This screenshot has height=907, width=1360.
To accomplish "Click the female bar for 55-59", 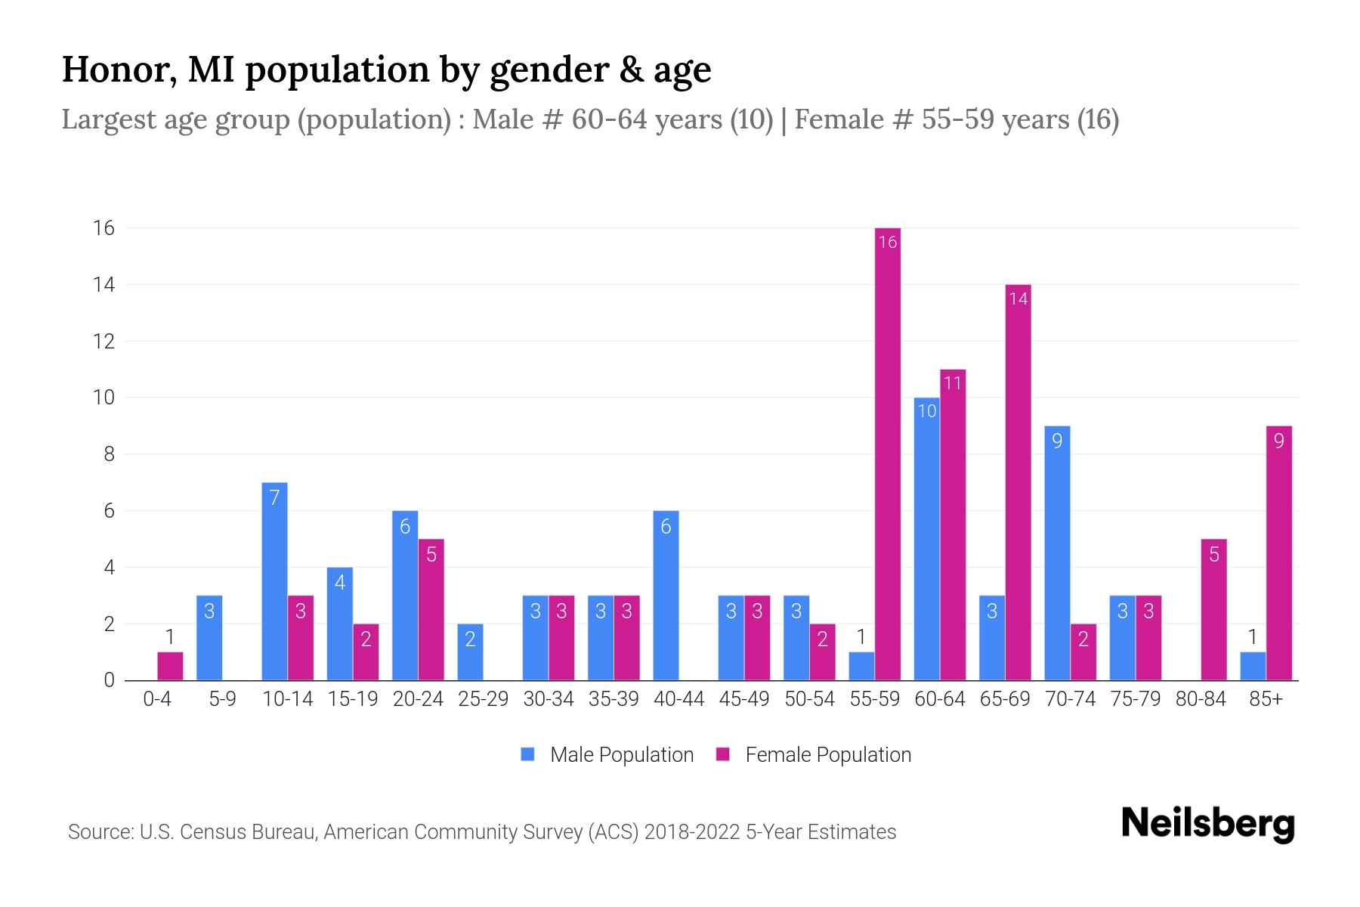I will click(x=888, y=453).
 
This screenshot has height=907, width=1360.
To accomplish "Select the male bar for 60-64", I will click(x=927, y=539).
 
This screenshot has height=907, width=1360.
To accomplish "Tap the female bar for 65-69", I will click(x=1018, y=482).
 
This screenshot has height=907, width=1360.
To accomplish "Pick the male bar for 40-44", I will click(x=666, y=596).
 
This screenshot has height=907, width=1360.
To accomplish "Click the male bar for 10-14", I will click(x=274, y=581).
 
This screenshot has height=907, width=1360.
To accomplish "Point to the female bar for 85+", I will click(x=1279, y=553).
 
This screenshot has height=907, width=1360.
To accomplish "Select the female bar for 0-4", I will click(x=170, y=666).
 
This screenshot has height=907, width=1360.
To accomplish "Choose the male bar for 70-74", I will click(x=1057, y=553).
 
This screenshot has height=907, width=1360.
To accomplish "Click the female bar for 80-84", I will click(x=1214, y=609).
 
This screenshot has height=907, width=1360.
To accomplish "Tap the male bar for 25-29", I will click(x=470, y=652).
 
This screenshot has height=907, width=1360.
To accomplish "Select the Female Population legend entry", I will click(x=814, y=754).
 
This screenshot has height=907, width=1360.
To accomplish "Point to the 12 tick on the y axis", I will click(x=104, y=341).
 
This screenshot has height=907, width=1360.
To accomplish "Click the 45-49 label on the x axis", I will click(x=744, y=699).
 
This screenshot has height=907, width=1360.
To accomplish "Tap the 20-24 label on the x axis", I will click(x=418, y=699).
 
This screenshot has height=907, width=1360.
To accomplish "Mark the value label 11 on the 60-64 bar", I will click(x=953, y=383).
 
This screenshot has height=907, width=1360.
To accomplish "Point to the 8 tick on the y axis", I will click(x=109, y=454).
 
